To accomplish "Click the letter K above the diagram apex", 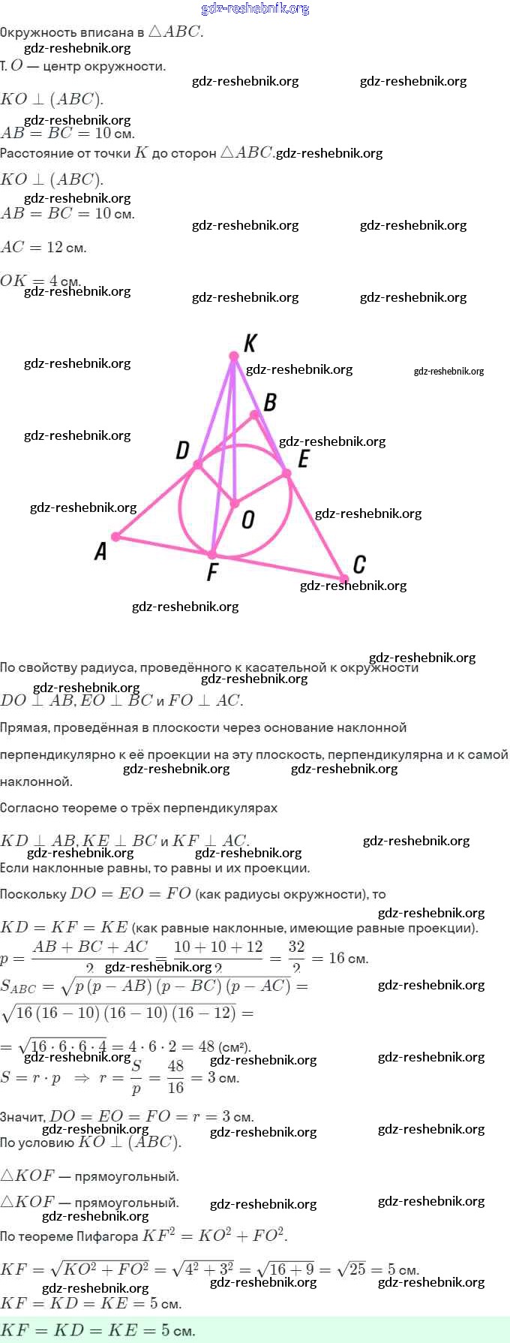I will coord(250,343).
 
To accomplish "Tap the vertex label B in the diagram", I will coord(270,402).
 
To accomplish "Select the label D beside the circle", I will coord(182,450).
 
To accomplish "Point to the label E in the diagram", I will coord(303,459).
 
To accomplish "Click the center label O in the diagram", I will coord(248,519).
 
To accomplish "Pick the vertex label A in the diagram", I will coord(100,552).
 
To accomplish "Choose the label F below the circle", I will coord(212,573).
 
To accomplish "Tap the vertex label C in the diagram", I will coord(359,564).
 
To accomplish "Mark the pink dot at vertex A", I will coord(115,537).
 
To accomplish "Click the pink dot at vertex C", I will coord(343,579).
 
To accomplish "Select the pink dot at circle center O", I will coord(234,503).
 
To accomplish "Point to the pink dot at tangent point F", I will coord(212,555).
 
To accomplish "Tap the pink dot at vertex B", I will coord(254,414).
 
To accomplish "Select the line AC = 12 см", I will coord(43,247).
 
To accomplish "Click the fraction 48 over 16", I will coord(175,1077).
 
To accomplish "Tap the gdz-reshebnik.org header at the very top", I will coord(255,8).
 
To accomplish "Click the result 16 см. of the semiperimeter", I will coord(348,958).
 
